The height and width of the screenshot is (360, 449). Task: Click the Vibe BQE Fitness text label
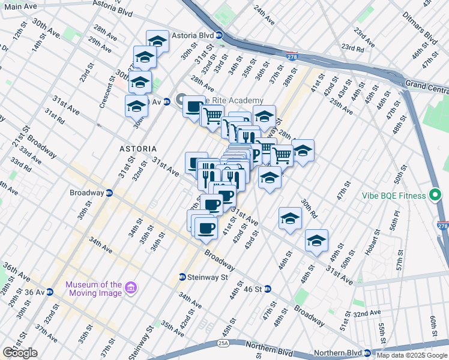point(394,196)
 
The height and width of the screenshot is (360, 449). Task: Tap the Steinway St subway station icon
point(182,277)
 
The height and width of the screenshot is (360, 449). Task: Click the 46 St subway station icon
point(267,289)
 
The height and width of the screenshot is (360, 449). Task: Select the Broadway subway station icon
point(109,193)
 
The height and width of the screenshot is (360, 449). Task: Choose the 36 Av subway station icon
point(50,292)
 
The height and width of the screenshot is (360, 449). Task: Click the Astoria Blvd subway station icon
point(220,35)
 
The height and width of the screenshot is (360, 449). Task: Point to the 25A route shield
point(223,344)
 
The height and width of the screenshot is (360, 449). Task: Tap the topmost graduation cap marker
point(157,41)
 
